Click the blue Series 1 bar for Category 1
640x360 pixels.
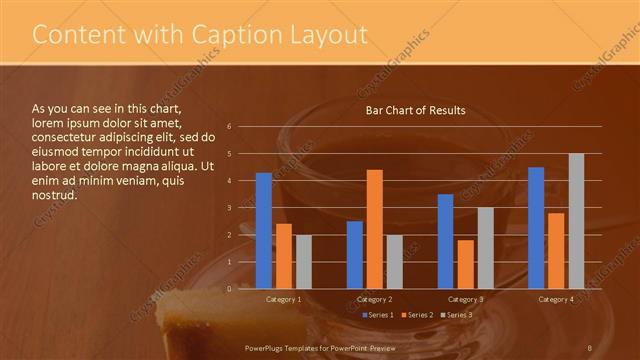pos(264,231)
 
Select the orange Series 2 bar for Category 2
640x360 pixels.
pos(374,229)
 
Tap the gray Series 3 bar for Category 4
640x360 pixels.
pos(576,221)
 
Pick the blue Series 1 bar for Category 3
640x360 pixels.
pos(445,241)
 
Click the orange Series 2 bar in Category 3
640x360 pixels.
pos(465,264)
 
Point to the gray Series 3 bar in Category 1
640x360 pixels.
pos(303,262)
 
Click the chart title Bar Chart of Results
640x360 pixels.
pos(415,110)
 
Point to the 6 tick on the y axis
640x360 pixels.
pos(230,127)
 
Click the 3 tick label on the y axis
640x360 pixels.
pos(230,208)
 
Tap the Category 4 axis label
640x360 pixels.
pos(556,299)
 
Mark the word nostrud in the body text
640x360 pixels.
pos(54,195)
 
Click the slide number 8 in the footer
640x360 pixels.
pos(590,346)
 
